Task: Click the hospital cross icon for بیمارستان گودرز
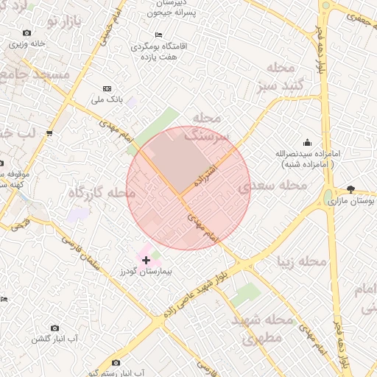pos(146,260)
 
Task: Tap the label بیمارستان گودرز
pos(146,272)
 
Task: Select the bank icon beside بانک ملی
pos(108,88)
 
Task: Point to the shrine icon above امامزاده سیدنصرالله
pos(307,142)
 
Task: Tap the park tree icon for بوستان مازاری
pos(350,189)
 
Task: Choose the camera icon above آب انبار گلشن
pos(54,328)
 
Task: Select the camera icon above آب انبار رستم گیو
pos(116,362)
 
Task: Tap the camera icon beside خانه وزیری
pos(27,32)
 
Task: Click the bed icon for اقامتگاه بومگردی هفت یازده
pos(158,35)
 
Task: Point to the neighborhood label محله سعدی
pos(272,186)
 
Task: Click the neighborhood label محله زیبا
pos(302,261)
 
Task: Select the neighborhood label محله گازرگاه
pos(102,193)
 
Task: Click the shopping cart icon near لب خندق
pos(49,133)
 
